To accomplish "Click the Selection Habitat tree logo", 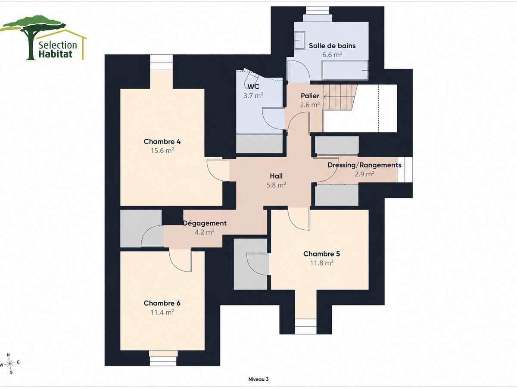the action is pos(44,38).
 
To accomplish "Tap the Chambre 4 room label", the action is pos(162,141).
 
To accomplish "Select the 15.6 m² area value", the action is pos(162,150).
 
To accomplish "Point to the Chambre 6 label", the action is pos(162,303).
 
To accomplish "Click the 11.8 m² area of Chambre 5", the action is pos(322,263).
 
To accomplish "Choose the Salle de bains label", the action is pos(332,46).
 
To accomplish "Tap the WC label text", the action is pos(253,87).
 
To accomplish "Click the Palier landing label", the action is pos(310,96).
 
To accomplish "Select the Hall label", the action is pos(276,176).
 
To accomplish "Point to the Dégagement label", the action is pos(205,223).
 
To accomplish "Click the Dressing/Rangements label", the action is pos(364,165).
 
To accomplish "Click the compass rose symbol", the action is pos(9,364).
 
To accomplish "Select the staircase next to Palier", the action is pos(339,97).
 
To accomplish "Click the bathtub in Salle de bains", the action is pos(345,70).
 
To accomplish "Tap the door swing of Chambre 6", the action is pos(181,261).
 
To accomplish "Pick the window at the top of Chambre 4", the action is pos(162,62).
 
